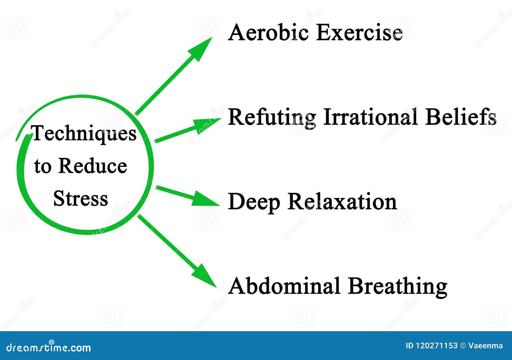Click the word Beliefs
click(460, 117)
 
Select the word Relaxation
click(342, 202)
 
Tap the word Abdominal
click(284, 286)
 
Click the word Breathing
click(397, 286)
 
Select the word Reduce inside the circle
click(93, 166)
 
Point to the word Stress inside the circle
click(81, 199)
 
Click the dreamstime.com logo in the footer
click(49, 347)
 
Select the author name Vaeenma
click(485, 346)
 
